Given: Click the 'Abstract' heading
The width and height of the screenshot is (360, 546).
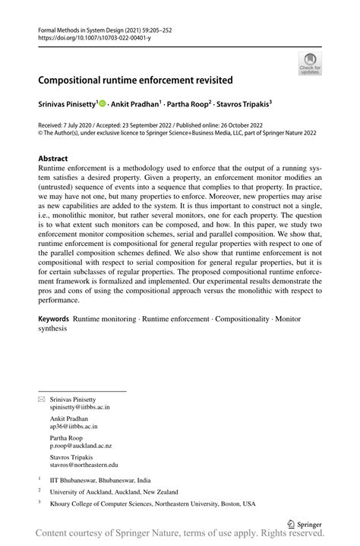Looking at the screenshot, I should click(x=52, y=159).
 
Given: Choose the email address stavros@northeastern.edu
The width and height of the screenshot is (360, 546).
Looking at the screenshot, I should click(x=84, y=464).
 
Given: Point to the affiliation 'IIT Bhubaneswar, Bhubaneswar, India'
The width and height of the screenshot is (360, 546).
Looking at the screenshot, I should click(x=99, y=480).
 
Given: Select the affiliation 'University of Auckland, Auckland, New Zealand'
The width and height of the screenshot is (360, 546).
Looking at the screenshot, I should click(x=114, y=491).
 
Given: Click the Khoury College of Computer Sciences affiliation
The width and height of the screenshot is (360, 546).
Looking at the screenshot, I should click(x=153, y=503).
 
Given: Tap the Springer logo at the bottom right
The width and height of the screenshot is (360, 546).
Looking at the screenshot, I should click(x=305, y=523).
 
